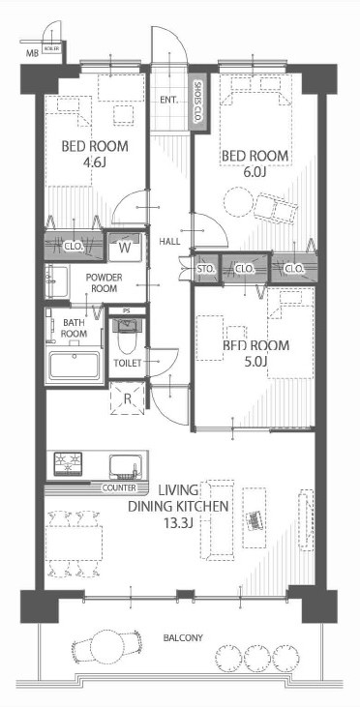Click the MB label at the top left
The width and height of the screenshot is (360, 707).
coord(32,54)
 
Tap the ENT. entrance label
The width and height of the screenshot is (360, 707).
coord(166,99)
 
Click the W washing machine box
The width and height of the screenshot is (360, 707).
coord(125,246)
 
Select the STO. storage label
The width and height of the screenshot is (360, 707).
coord(205,268)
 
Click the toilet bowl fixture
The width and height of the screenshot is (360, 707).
coord(123,339)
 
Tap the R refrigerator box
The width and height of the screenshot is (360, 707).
coord(127,398)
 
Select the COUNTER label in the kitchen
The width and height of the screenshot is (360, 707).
coord(120,489)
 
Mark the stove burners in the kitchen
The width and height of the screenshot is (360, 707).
coord(72,465)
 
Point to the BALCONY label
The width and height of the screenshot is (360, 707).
coord(181,638)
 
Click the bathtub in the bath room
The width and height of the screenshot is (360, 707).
coord(75,368)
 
